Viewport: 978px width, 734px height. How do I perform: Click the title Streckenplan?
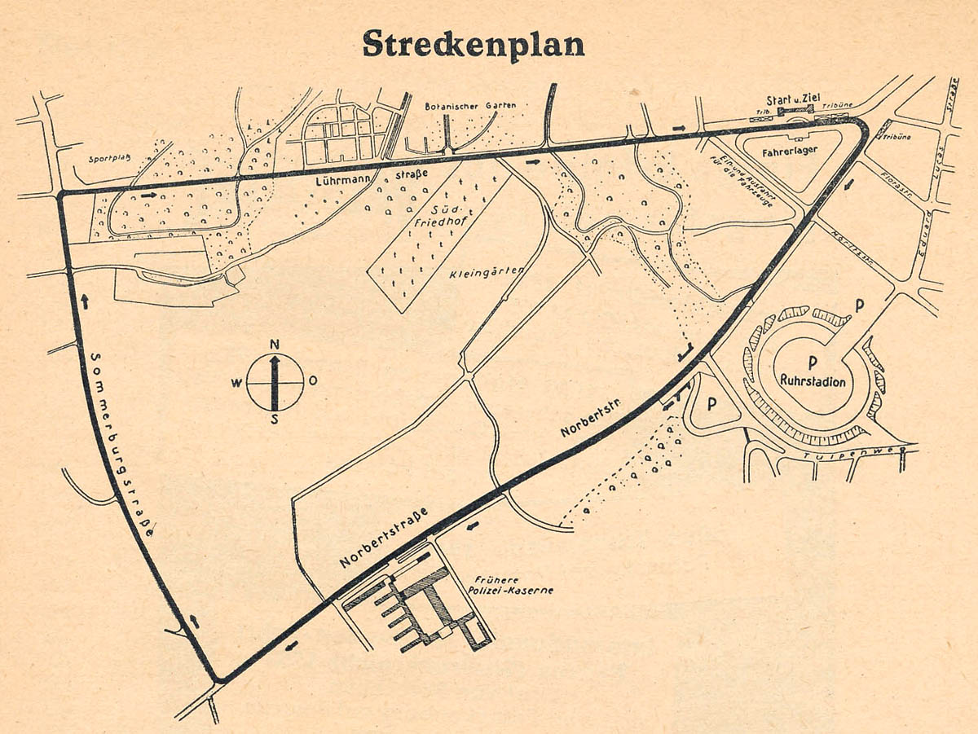(474, 45)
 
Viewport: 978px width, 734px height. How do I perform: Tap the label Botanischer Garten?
(470, 106)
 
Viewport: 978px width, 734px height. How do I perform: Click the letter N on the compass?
(275, 343)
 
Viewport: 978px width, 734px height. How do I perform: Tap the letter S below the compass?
(275, 420)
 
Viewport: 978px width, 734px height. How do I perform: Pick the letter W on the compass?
(236, 381)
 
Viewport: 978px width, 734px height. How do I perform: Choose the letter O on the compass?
(314, 380)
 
